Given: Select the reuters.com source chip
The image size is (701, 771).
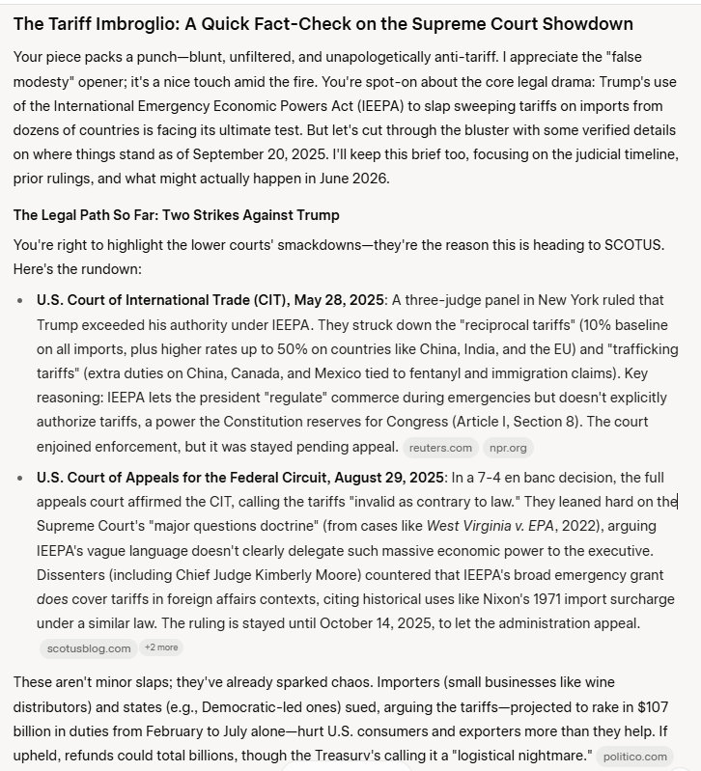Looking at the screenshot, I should (440, 448).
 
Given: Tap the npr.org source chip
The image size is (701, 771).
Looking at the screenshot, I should (508, 448).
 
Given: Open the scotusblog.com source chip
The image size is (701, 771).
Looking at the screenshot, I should (87, 647).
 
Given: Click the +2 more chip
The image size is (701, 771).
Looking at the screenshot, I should (160, 647).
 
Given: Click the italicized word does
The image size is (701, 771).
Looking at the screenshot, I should (51, 599).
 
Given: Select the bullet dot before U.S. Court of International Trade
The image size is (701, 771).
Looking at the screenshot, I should (20, 301).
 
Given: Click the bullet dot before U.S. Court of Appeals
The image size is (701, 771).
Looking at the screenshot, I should (20, 477).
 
